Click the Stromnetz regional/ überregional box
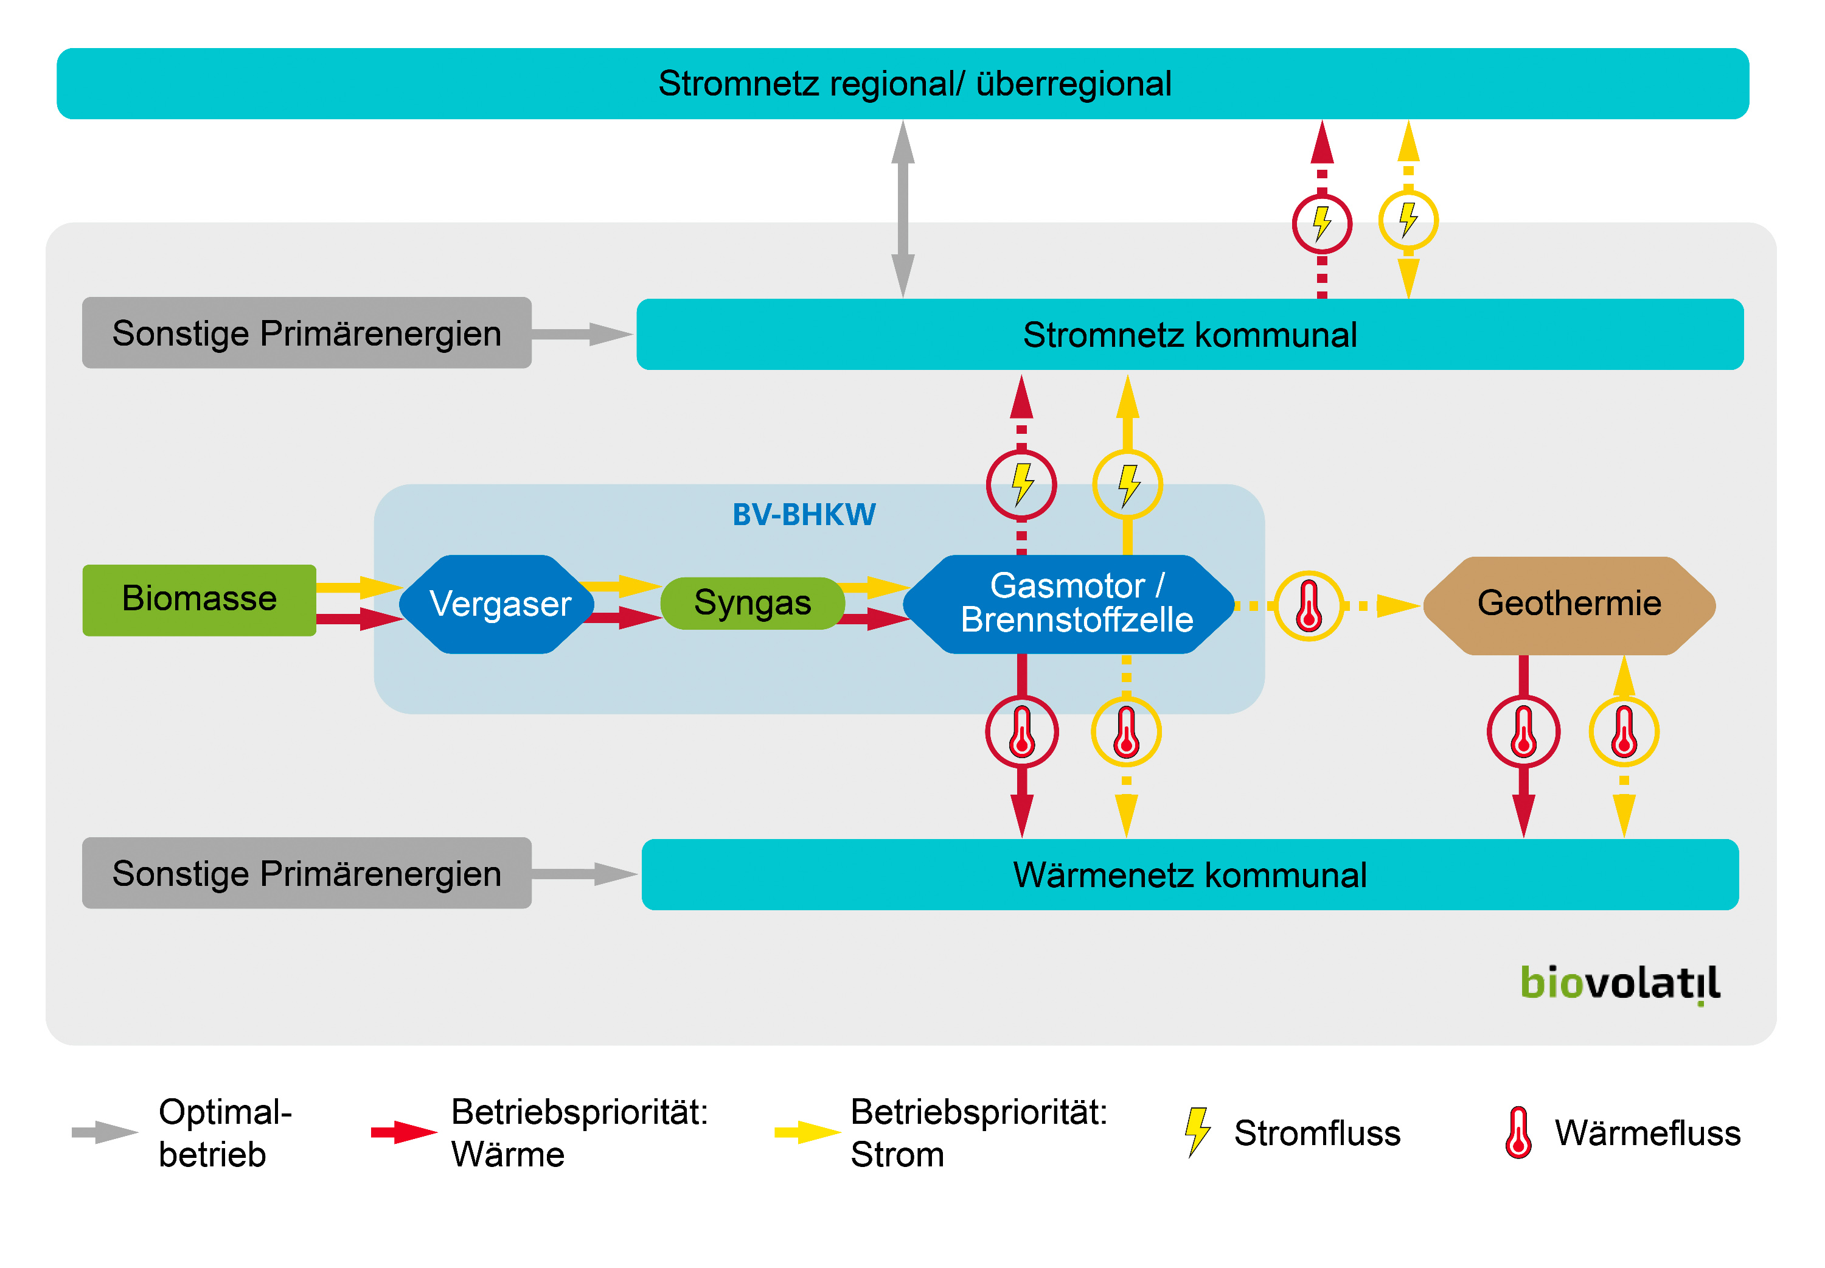(x=902, y=83)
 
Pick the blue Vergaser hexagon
(x=499, y=604)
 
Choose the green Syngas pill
(x=752, y=603)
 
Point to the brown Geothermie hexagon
(x=1568, y=605)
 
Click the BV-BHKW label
(x=803, y=515)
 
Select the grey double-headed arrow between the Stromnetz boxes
(x=902, y=209)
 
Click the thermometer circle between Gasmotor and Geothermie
(x=1308, y=605)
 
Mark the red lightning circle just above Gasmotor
(x=1021, y=485)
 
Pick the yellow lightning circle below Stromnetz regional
(x=1407, y=220)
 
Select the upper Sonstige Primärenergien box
(x=307, y=333)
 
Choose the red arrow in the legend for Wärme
(x=403, y=1132)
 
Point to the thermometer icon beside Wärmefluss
(x=1518, y=1132)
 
